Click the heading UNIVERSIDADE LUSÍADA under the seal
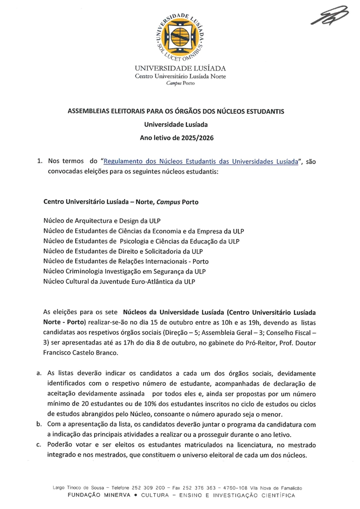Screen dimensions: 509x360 tap(180, 69)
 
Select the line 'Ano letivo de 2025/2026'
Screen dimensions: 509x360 tap(176, 138)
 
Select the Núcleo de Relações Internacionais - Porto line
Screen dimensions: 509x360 tap(126, 261)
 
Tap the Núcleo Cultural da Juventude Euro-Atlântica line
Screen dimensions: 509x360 tap(119, 281)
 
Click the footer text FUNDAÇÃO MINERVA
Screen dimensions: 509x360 tap(99, 496)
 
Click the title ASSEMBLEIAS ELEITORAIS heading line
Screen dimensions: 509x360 tap(176, 111)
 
